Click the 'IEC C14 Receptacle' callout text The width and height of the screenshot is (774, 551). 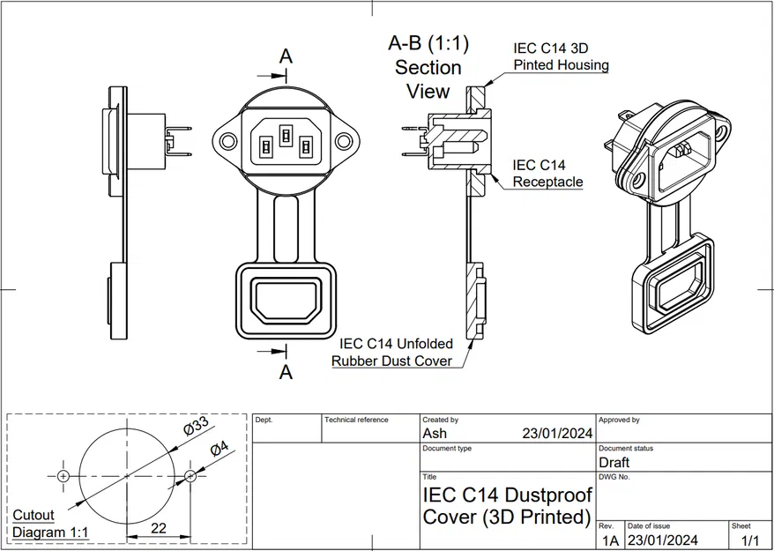pos(547,173)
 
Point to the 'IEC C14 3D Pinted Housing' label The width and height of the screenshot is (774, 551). pos(561,56)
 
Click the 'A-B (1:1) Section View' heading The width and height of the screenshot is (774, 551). pos(428,67)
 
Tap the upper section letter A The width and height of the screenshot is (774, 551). pos(286,56)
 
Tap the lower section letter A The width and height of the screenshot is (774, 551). pos(286,372)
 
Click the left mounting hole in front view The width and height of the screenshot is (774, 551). pos(229,140)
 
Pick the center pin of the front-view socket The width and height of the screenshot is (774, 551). pos(286,135)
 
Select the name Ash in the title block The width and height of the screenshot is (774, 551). pos(435,433)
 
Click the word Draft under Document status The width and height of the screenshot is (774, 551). pos(614,462)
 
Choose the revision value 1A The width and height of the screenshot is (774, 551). pos(609,540)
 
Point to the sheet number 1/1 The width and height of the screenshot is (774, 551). pos(750,540)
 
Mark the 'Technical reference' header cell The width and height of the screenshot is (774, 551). pos(356,420)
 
